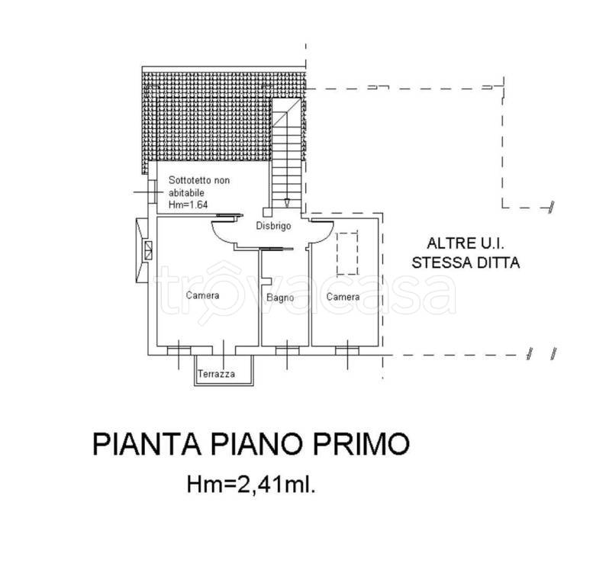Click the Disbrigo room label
[x=272, y=225]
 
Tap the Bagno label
[x=279, y=298]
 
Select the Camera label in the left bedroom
[x=202, y=295]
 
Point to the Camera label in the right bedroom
[x=343, y=296]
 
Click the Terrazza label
[x=216, y=374]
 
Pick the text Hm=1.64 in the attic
[x=188, y=204]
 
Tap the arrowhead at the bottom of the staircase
[x=285, y=203]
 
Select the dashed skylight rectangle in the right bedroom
[x=346, y=253]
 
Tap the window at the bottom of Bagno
[x=286, y=350]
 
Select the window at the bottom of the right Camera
[x=346, y=350]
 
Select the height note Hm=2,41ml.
[x=250, y=483]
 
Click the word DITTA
[x=497, y=263]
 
